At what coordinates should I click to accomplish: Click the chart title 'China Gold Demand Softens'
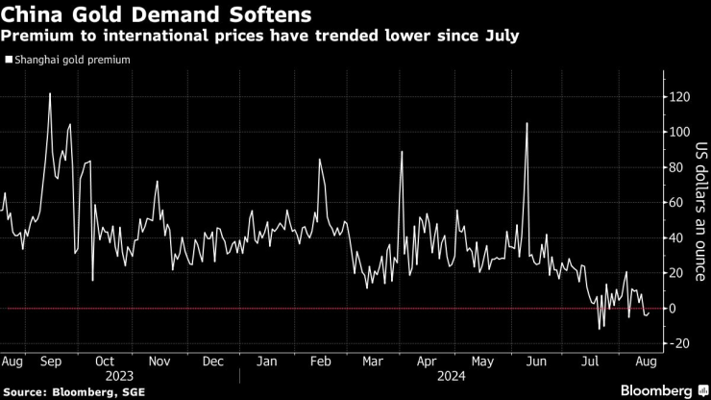[133, 15]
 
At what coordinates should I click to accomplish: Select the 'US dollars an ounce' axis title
[700, 220]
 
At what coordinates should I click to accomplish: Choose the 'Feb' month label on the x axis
[323, 362]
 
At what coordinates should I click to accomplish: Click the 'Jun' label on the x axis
[537, 362]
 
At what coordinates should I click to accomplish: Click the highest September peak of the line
[50, 94]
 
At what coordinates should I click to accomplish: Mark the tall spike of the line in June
[527, 124]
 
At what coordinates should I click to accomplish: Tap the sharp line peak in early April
[402, 152]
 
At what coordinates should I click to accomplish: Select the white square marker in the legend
[9, 60]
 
